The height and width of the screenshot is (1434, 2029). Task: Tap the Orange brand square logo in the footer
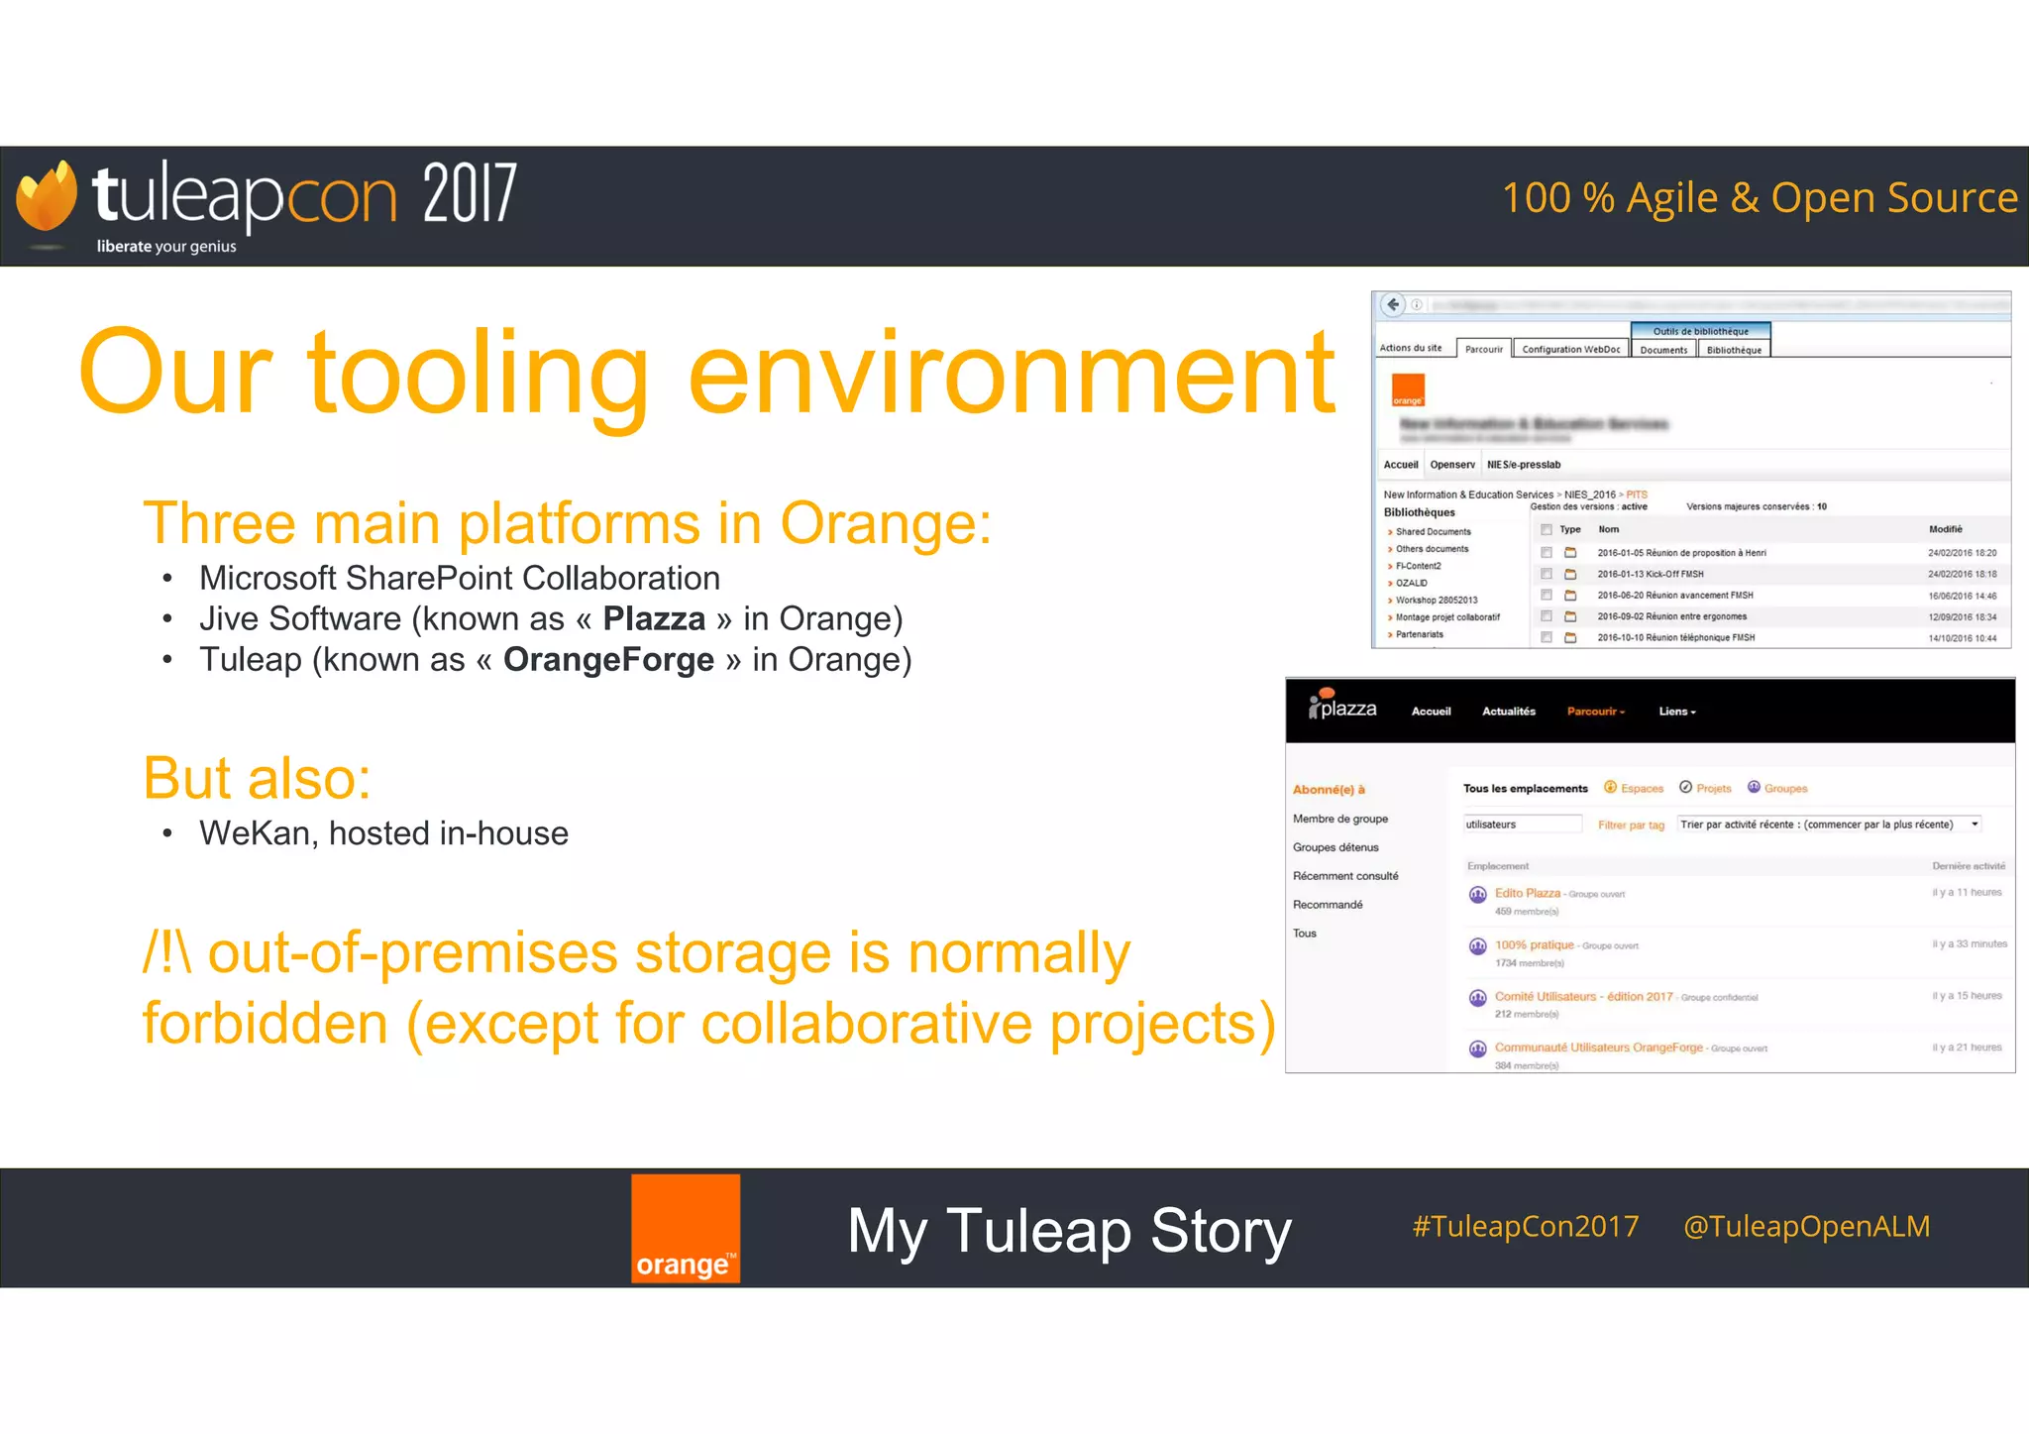pyautogui.click(x=686, y=1229)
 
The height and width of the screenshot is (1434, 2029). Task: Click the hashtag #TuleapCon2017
pyautogui.click(x=1526, y=1227)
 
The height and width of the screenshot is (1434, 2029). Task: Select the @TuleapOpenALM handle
pyautogui.click(x=1806, y=1227)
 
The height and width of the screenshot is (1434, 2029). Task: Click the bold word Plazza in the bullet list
pyautogui.click(x=654, y=618)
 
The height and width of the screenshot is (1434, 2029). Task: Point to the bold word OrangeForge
pyautogui.click(x=608, y=660)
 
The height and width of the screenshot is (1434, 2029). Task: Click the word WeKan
pyautogui.click(x=255, y=833)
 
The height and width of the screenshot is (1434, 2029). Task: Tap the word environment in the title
pyautogui.click(x=1011, y=374)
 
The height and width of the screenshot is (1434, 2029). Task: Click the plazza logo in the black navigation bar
pyautogui.click(x=1343, y=708)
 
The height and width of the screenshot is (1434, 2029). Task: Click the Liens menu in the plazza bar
pyautogui.click(x=1676, y=712)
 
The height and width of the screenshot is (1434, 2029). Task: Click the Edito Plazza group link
pyautogui.click(x=1527, y=893)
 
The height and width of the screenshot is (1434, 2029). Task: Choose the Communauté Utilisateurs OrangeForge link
pyautogui.click(x=1598, y=1048)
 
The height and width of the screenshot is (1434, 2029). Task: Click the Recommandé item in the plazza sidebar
pyautogui.click(x=1328, y=905)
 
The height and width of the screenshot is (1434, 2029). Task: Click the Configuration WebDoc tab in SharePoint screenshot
pyautogui.click(x=1570, y=349)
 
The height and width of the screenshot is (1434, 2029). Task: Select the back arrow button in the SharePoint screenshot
pyautogui.click(x=1393, y=304)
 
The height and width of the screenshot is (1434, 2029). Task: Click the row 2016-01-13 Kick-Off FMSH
pyautogui.click(x=1650, y=574)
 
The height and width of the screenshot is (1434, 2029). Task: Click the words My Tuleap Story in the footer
pyautogui.click(x=1069, y=1231)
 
